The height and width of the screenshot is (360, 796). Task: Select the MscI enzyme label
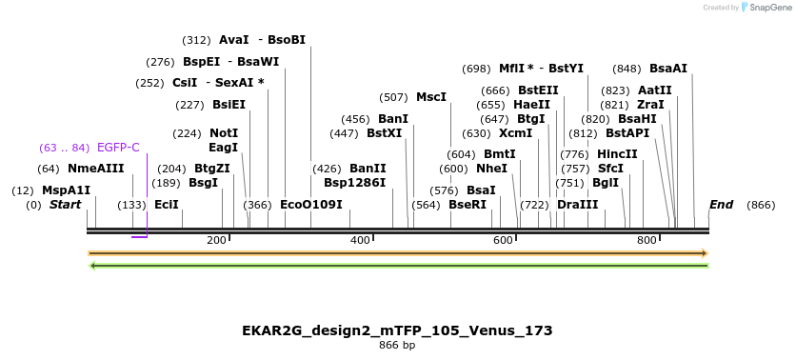point(431,97)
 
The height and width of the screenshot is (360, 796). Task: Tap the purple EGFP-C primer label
point(118,148)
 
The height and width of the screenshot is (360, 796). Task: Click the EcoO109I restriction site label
point(310,205)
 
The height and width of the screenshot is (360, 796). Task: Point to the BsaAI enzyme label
point(667,69)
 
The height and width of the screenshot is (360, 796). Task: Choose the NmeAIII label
point(95,169)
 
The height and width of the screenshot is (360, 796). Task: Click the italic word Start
point(65,205)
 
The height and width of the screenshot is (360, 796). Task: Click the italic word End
point(721,205)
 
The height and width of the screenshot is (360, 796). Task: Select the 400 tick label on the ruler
point(360,240)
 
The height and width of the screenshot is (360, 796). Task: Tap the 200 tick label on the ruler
point(216,240)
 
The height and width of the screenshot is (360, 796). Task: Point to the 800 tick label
point(647,240)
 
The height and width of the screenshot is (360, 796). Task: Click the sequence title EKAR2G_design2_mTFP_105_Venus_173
point(397,330)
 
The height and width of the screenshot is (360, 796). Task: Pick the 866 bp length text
point(397,346)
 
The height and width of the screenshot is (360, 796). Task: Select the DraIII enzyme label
point(577,205)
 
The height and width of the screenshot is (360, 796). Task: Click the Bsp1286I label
point(354,182)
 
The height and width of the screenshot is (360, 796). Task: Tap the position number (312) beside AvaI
point(196,40)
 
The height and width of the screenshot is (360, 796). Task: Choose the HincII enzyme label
point(617,154)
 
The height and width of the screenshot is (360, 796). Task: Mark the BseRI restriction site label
point(467,205)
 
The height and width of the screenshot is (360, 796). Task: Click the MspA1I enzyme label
point(66,190)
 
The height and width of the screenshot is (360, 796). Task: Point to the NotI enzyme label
point(224,133)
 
